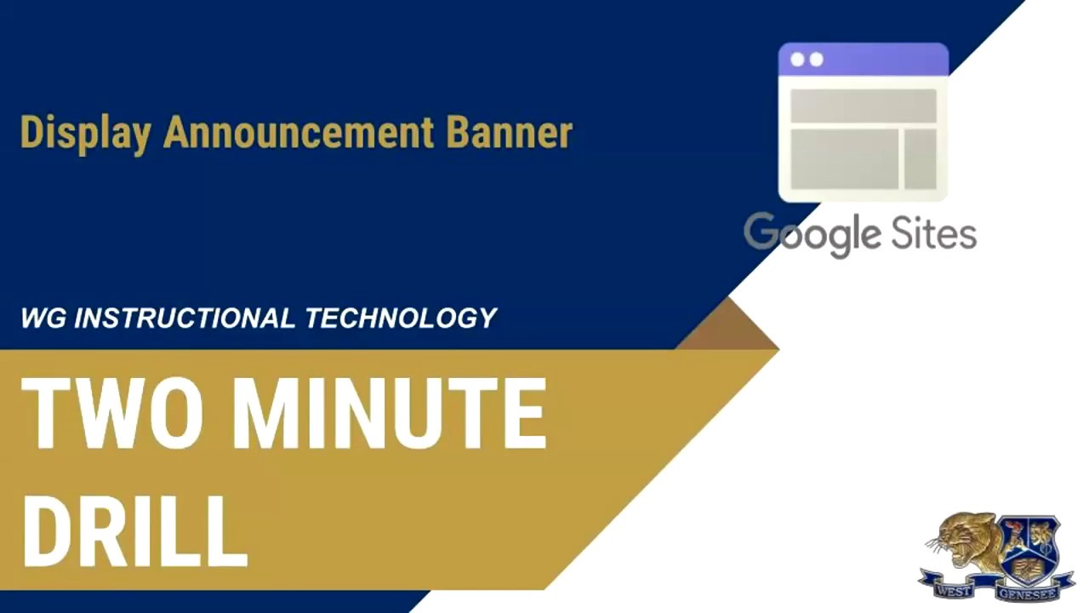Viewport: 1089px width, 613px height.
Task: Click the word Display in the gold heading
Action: (x=85, y=134)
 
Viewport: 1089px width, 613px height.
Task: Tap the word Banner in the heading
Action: (x=509, y=134)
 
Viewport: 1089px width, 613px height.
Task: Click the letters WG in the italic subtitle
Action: (x=43, y=318)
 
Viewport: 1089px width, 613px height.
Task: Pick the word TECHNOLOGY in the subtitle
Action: (x=401, y=318)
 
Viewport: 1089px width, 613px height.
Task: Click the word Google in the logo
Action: (x=812, y=234)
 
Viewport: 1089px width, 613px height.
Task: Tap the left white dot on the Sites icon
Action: (x=797, y=60)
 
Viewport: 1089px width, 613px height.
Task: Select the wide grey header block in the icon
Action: (x=863, y=106)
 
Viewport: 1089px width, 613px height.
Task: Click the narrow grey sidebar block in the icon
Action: (x=921, y=159)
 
